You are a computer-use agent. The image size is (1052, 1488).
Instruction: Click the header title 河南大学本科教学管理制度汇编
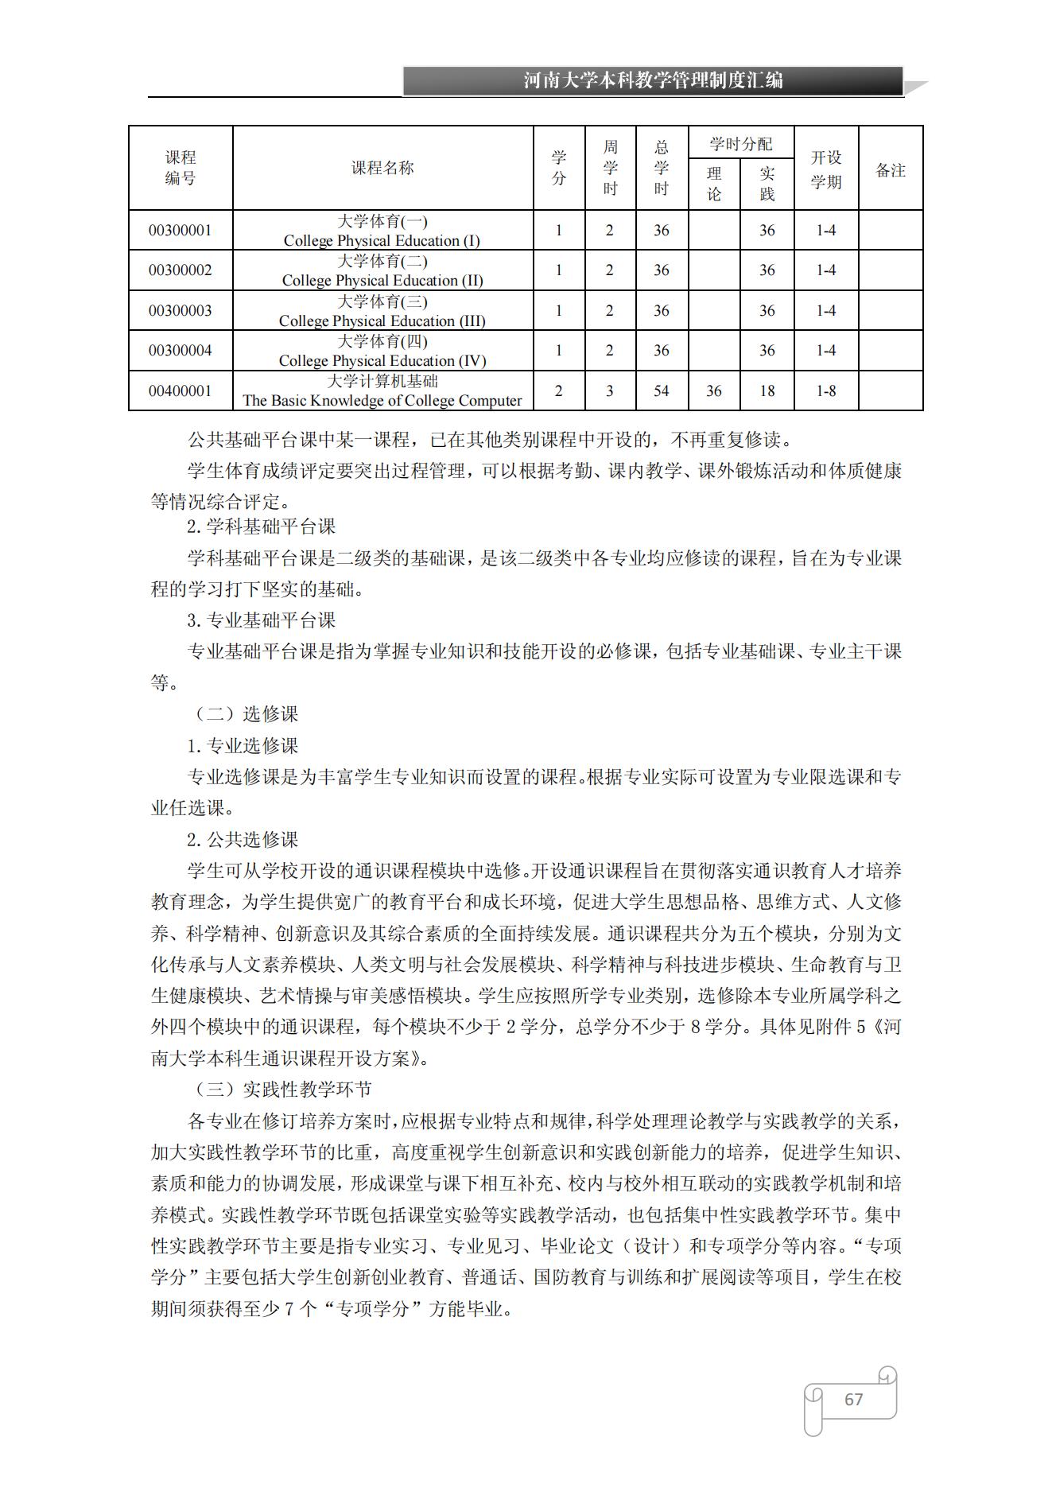[653, 80]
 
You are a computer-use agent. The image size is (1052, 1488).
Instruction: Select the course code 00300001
[181, 231]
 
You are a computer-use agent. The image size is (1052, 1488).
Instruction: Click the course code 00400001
[181, 390]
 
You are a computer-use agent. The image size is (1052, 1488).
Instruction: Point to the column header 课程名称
[382, 168]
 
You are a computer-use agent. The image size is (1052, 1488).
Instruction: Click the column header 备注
[890, 170]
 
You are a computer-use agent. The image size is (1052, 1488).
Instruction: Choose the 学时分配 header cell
[740, 144]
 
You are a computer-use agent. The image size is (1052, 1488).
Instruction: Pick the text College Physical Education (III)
[382, 321]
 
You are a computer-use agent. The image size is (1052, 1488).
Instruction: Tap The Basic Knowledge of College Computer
[382, 400]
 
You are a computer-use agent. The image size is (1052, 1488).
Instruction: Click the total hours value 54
[661, 390]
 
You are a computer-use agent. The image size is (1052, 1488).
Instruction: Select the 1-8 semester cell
[825, 390]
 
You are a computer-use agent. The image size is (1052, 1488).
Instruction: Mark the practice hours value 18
[767, 390]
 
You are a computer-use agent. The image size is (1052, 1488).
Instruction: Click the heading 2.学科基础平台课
[262, 526]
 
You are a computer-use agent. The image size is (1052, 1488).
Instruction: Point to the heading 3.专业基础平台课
[262, 620]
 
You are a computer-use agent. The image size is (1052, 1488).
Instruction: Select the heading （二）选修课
[245, 714]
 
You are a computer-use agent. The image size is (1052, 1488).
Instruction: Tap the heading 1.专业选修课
[243, 746]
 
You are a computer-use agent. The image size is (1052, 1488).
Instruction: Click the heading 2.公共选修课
[243, 840]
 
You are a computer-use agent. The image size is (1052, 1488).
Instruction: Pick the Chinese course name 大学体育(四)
[382, 341]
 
